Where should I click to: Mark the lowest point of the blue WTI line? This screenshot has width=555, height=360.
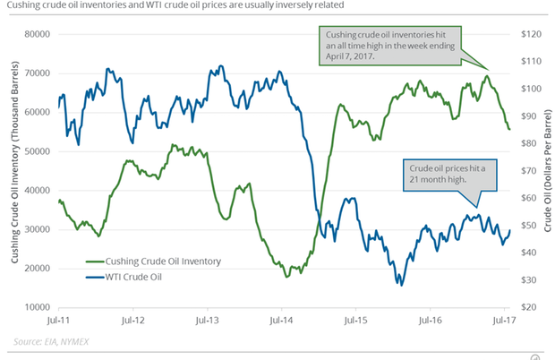pos(401,285)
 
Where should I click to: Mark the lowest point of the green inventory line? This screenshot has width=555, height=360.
pos(287,277)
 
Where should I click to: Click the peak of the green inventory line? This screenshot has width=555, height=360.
pos(486,76)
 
